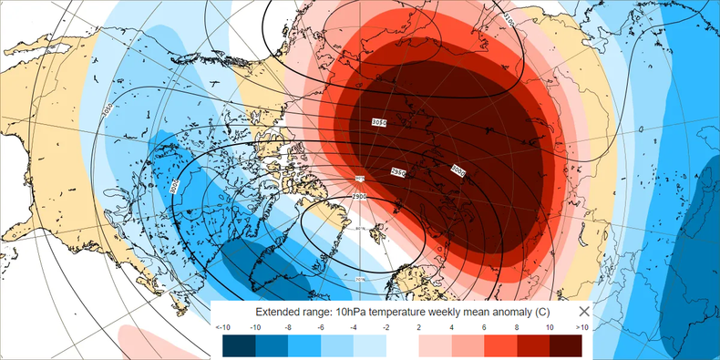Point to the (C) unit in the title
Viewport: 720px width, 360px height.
(x=538, y=312)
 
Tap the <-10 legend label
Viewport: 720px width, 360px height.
(x=222, y=326)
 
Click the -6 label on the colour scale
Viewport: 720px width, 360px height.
(x=321, y=326)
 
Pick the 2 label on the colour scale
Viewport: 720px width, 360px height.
(x=419, y=326)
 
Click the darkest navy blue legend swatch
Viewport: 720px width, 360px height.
(x=239, y=345)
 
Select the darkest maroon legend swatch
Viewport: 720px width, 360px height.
(x=566, y=345)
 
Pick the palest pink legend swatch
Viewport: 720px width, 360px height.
(x=435, y=345)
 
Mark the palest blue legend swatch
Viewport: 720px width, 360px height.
(x=370, y=345)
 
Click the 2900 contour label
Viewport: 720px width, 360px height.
(x=361, y=195)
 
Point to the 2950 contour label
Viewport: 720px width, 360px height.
(x=397, y=172)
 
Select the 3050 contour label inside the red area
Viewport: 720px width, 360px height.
(x=379, y=121)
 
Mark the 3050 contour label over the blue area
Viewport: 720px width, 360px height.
(x=107, y=110)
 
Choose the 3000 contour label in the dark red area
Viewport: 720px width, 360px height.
(x=458, y=170)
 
